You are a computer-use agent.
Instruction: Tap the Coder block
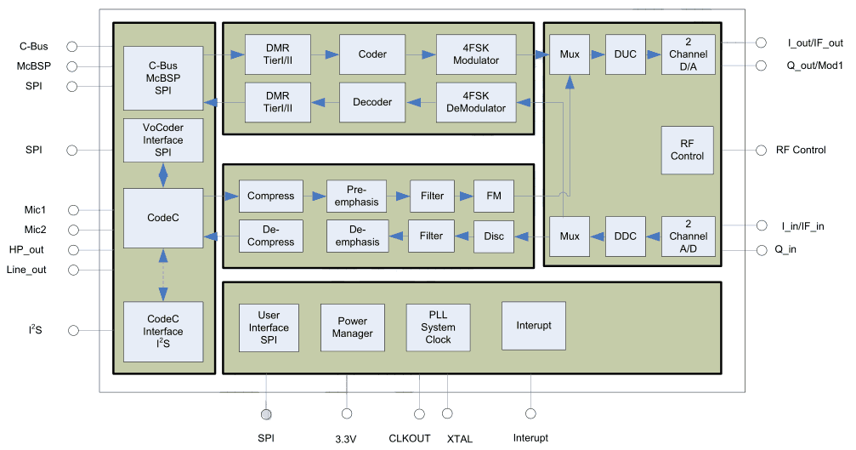point(371,54)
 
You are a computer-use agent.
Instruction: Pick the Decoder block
point(371,101)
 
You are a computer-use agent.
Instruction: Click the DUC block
point(625,54)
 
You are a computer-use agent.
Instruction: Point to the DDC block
point(625,236)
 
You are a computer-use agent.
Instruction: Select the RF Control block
point(687,150)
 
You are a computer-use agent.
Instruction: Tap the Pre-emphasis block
point(356,196)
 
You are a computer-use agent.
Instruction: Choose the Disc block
point(493,236)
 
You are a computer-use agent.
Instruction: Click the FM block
point(493,196)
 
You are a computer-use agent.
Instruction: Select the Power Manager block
point(352,328)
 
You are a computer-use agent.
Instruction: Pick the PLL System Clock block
point(438,328)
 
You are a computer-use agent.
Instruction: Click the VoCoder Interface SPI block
point(163,140)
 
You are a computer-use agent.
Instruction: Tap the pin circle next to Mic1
point(72,209)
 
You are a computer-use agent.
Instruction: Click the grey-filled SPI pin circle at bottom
point(266,414)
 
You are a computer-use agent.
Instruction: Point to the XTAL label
point(459,438)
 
